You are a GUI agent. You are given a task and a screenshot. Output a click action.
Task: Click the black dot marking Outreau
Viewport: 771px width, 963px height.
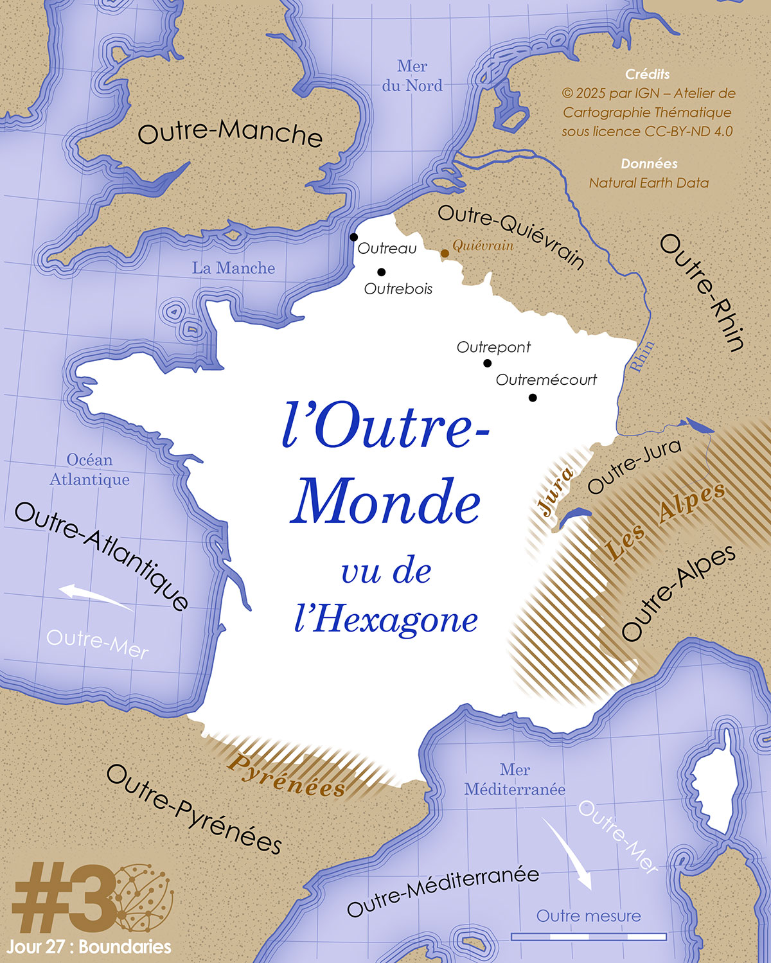(353, 237)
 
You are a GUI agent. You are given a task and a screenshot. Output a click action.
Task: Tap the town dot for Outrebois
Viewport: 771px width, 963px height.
(381, 272)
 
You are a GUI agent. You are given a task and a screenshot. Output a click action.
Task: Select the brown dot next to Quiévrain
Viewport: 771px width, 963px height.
(445, 253)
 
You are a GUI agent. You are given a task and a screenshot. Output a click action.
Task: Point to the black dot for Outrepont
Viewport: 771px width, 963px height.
(487, 363)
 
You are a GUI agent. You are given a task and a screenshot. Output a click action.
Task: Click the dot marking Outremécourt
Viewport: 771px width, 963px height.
(533, 398)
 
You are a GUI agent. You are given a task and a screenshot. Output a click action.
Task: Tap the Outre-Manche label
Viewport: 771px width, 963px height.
(230, 132)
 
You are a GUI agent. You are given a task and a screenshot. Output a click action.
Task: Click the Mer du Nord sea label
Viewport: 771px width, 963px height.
(412, 76)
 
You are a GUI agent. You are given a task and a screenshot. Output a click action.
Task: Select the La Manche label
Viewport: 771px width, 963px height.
(233, 268)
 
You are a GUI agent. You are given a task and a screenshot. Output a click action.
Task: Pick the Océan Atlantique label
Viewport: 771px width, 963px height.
(90, 470)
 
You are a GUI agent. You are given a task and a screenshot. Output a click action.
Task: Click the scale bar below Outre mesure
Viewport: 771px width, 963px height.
(589, 937)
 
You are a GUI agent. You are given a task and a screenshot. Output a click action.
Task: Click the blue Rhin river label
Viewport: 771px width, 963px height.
(642, 356)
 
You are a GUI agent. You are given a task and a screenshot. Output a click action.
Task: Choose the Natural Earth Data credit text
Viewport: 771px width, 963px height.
(649, 183)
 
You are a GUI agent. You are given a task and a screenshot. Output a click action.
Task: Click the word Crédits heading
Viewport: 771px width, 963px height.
(648, 75)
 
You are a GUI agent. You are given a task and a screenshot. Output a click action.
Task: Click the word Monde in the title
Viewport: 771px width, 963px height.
(385, 502)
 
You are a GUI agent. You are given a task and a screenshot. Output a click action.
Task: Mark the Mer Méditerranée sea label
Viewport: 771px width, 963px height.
(515, 779)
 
